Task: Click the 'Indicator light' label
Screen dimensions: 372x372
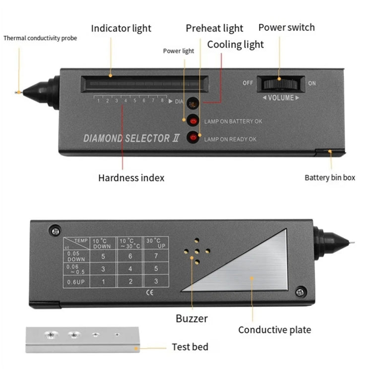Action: tap(121, 28)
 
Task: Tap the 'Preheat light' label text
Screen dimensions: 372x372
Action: tap(214, 28)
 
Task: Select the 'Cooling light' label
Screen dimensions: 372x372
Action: tap(235, 45)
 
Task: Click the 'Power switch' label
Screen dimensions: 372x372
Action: tap(286, 27)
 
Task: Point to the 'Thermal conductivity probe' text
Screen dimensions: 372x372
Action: tap(40, 39)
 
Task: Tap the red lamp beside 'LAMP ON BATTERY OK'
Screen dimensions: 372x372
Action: tap(191, 121)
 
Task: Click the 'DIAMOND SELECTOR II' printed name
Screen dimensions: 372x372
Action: tap(126, 138)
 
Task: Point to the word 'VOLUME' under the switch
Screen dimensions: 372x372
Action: tap(281, 98)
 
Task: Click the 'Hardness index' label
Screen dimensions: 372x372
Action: tap(131, 178)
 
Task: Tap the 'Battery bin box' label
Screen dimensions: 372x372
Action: tap(330, 178)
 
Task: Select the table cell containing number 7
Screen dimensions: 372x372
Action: tap(156, 257)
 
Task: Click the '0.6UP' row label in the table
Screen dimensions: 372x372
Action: tap(76, 282)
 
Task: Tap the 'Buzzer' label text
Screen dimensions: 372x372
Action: tap(191, 318)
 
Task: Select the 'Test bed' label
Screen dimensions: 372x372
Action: tap(190, 347)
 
